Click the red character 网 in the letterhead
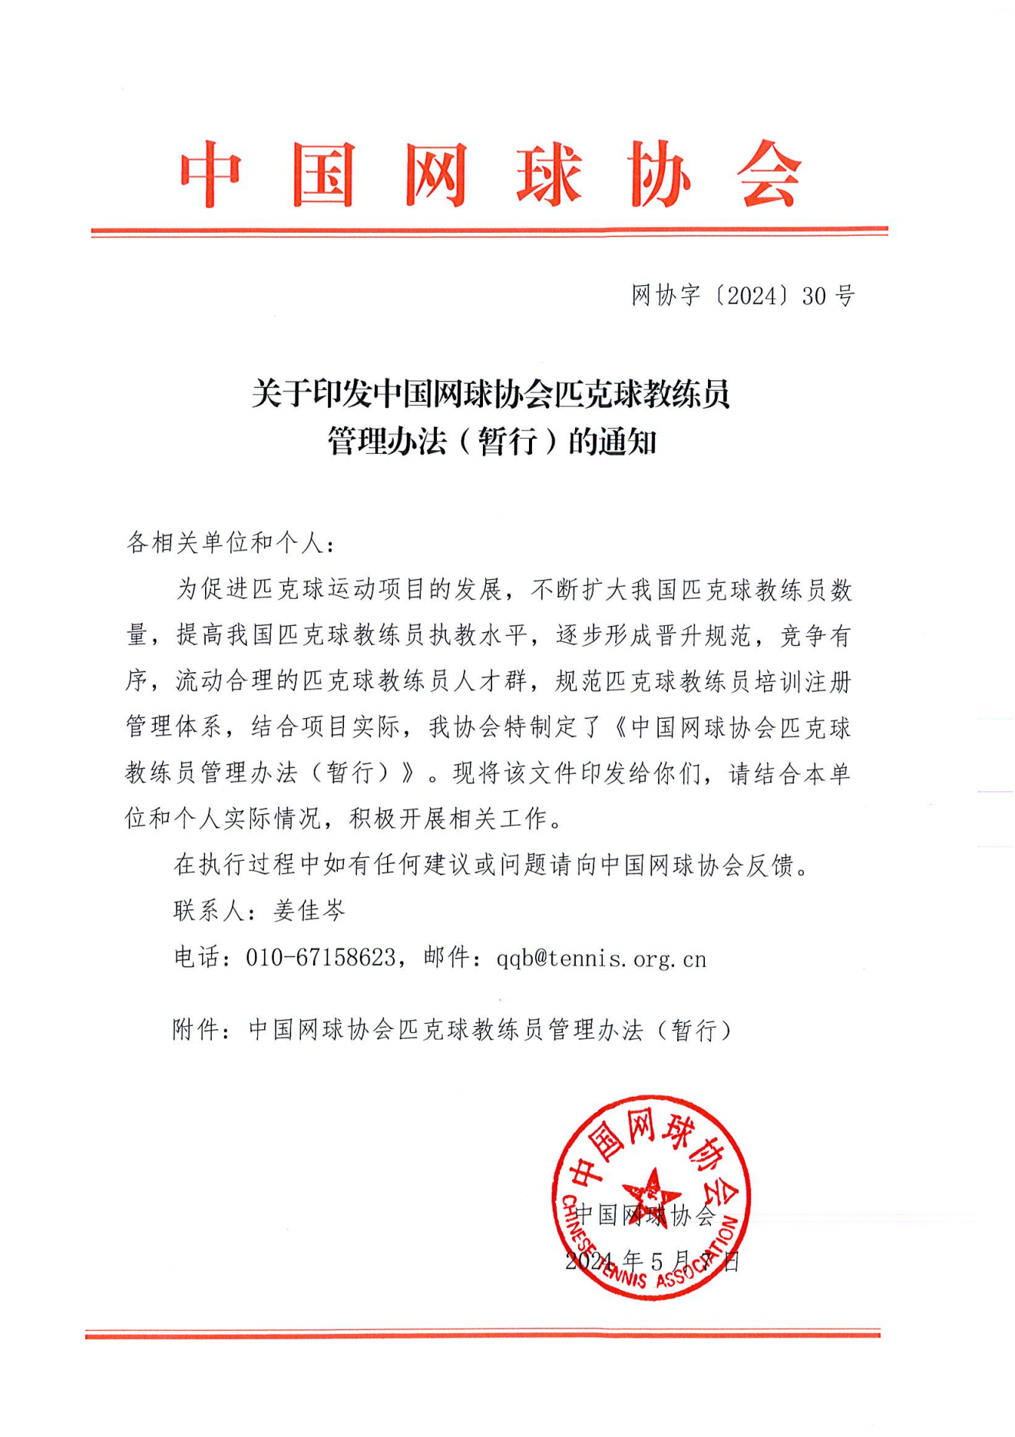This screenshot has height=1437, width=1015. (436, 175)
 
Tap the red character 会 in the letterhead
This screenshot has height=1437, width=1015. (769, 175)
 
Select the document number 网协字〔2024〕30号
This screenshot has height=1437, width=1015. (742, 296)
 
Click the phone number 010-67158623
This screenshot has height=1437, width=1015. (320, 958)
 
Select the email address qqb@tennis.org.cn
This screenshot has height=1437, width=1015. (601, 959)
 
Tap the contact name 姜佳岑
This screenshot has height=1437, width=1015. (309, 911)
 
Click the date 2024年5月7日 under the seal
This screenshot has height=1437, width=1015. (652, 1261)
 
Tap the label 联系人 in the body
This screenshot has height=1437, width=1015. (208, 911)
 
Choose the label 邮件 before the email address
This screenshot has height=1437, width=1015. (446, 958)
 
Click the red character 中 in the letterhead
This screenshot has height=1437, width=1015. (211, 175)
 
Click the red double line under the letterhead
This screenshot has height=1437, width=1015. (489, 230)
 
